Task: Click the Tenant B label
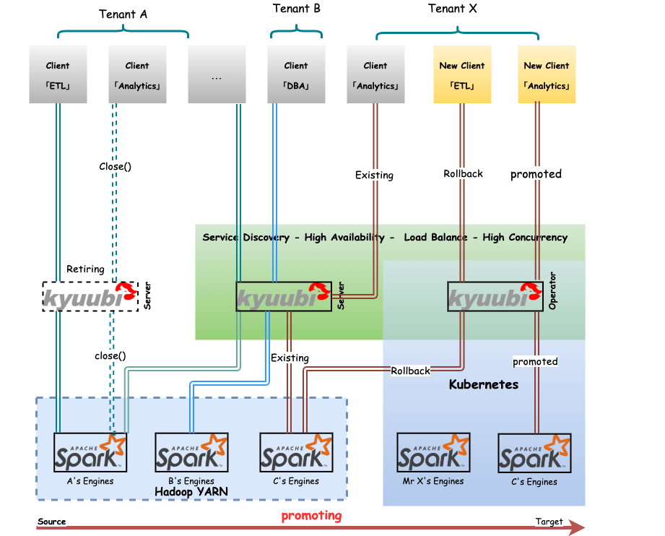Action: tap(297, 9)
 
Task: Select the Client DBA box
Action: tap(296, 75)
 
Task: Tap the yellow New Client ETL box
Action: tap(462, 75)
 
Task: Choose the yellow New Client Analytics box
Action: tap(547, 75)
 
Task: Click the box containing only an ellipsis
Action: tap(217, 75)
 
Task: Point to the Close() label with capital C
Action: tap(116, 166)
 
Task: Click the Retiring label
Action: tap(85, 269)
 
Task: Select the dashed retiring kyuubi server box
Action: tap(90, 297)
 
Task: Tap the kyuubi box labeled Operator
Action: tap(495, 297)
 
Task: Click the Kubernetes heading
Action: tap(484, 384)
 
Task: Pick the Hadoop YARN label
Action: tap(191, 492)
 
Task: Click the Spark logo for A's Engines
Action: tap(90, 452)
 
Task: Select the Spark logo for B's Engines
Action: tap(191, 452)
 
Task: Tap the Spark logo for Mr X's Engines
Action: tap(433, 452)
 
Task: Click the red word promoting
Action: tap(311, 516)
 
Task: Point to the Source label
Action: tap(52, 522)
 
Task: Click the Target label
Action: tap(549, 522)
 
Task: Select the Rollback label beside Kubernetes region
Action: tap(410, 371)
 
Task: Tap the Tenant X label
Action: tap(453, 9)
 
